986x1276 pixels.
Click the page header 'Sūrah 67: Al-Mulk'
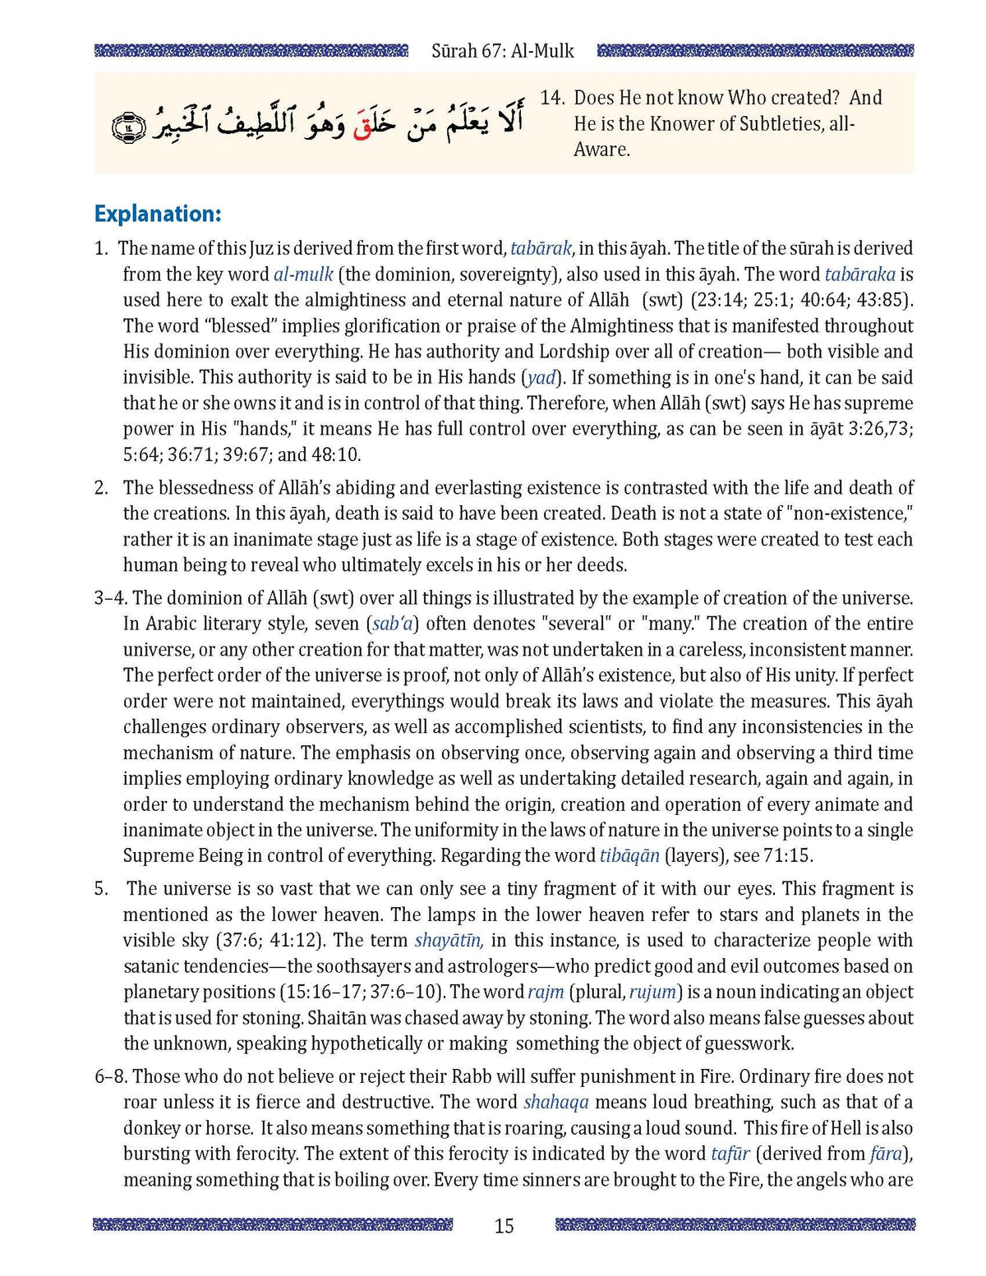click(502, 51)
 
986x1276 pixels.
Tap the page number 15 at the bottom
click(504, 1226)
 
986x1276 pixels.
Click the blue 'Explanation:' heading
click(158, 214)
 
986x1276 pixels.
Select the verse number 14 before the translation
click(551, 98)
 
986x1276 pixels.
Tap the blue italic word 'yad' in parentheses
click(541, 378)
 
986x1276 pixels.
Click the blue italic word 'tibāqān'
click(629, 856)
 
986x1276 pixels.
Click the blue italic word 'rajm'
click(546, 993)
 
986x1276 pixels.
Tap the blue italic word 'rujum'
click(652, 993)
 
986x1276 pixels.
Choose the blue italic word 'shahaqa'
click(556, 1103)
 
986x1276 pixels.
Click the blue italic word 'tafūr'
click(730, 1154)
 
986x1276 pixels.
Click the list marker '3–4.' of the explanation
click(111, 598)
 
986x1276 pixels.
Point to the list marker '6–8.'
click(111, 1076)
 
